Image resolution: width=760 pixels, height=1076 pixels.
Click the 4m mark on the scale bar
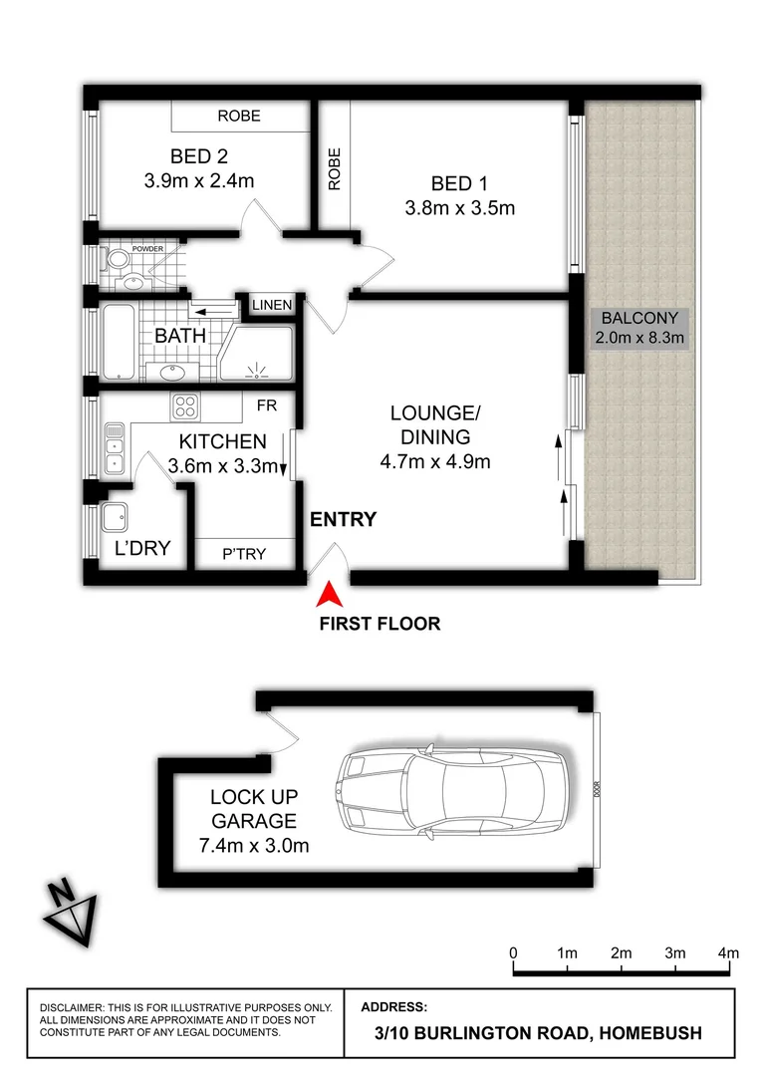(729, 952)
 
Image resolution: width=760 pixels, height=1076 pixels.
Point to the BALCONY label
(639, 319)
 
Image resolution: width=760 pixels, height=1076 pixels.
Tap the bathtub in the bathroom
(117, 342)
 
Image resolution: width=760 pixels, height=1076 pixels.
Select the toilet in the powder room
(119, 261)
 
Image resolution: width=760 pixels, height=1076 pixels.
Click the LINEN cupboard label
(272, 306)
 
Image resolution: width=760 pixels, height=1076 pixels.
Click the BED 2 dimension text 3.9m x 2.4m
(198, 181)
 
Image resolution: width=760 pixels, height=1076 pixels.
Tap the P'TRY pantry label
(244, 554)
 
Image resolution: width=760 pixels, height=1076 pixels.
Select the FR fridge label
(266, 406)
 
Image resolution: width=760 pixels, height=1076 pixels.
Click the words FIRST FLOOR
(380, 625)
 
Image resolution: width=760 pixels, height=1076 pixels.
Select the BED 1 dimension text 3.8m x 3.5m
(459, 208)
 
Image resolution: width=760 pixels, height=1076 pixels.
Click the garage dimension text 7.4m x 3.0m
(253, 846)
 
